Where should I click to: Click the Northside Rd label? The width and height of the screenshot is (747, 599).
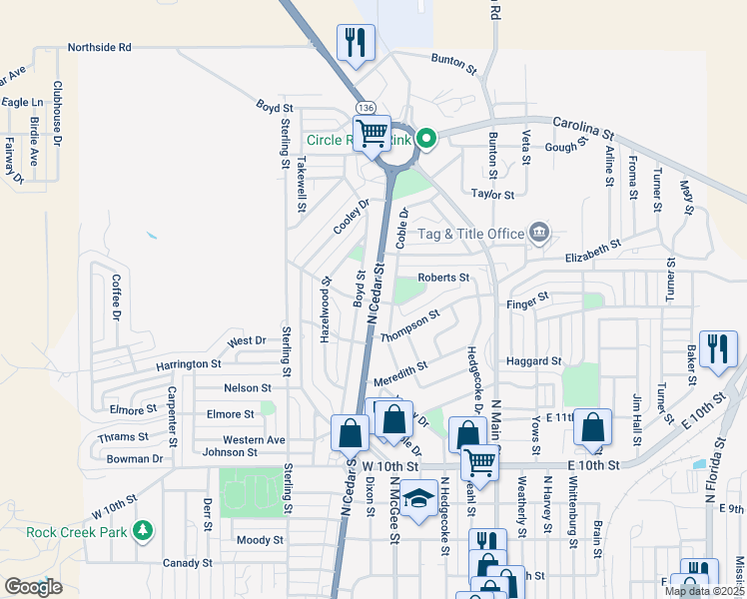[100, 47]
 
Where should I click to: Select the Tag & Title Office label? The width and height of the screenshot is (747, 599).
[470, 234]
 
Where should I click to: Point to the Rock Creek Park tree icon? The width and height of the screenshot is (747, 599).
[144, 529]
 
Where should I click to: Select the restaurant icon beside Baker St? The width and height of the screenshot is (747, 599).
[718, 348]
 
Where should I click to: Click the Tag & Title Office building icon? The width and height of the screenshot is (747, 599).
[538, 234]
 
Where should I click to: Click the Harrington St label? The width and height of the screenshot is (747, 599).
[188, 364]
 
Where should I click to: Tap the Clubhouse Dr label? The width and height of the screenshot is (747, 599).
[57, 115]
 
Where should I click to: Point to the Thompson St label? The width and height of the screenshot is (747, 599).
[409, 326]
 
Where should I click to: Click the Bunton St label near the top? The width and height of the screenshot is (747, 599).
[454, 61]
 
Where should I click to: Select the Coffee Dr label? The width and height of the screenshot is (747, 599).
[116, 298]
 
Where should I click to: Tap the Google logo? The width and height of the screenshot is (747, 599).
[33, 587]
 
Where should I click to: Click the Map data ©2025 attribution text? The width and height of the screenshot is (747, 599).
[704, 591]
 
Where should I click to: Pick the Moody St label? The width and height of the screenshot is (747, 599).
[261, 540]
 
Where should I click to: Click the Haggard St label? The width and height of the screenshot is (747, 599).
[534, 360]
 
